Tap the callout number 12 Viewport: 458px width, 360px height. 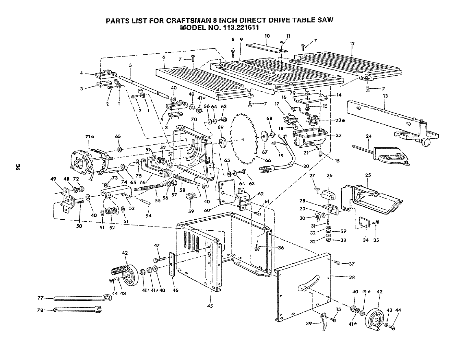352,44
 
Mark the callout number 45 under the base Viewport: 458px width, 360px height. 210,306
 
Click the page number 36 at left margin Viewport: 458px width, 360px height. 18,167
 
